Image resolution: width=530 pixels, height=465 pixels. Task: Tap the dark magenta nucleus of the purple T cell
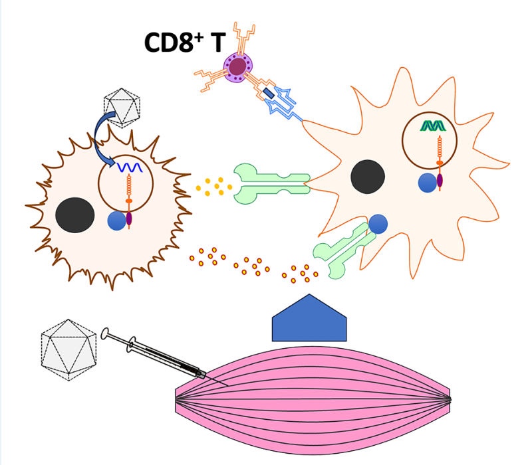pos(237,65)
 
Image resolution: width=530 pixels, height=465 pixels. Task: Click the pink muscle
pos(313,399)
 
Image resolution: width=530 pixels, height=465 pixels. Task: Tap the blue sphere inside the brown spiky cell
pos(117,221)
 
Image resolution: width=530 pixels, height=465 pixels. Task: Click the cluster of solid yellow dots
pos(213,187)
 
